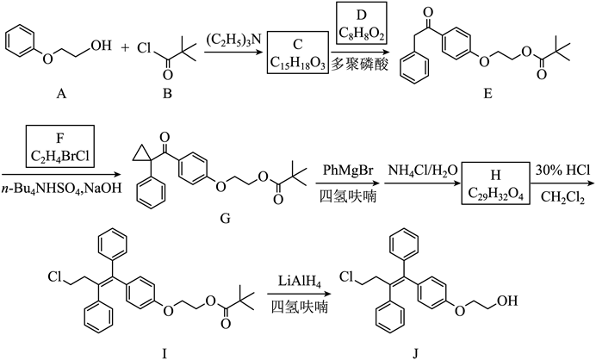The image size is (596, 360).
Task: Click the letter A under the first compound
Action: point(61,93)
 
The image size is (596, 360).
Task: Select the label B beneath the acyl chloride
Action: point(167,93)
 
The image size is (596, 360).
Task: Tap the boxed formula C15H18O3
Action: point(298,63)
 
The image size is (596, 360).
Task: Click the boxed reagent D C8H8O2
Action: point(362,23)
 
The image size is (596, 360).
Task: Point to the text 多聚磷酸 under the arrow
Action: point(359,65)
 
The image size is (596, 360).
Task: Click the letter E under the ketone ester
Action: point(487,93)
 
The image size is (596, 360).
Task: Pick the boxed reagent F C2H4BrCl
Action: point(59,146)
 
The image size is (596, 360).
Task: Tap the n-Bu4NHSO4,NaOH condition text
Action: point(61,189)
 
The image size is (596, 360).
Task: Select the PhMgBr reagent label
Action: point(348,170)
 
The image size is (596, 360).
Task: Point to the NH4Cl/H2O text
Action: point(423,171)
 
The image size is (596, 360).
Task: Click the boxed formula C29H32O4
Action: point(495,195)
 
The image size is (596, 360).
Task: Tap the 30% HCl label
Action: point(562,170)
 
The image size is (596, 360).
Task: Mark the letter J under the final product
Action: point(415,354)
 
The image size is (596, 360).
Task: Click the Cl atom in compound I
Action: point(55,276)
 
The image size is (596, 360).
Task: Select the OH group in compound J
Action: point(508,301)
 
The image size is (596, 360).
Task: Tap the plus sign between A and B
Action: point(125,47)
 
